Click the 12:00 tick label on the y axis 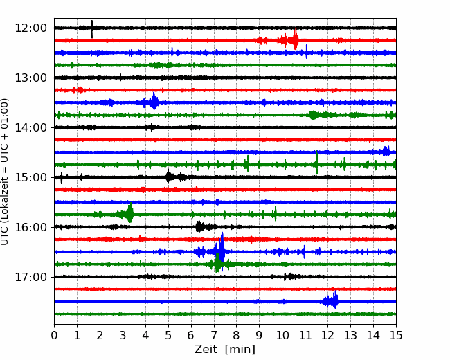[30, 28]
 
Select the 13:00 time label [30, 78]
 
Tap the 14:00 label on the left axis [30, 127]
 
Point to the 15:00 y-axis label [30, 177]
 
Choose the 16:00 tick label [30, 227]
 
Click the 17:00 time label [30, 277]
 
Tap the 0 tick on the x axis [54, 335]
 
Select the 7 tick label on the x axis [214, 335]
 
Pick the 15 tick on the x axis [396, 335]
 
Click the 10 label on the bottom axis [282, 335]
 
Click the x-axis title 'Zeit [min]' [225, 350]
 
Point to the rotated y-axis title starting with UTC [4, 172]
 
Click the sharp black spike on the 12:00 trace [92, 29]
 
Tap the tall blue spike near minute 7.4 [222, 251]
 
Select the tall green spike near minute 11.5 [316, 162]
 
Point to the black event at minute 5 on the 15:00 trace [168, 177]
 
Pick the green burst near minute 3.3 [130, 213]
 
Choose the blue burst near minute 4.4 [154, 101]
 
